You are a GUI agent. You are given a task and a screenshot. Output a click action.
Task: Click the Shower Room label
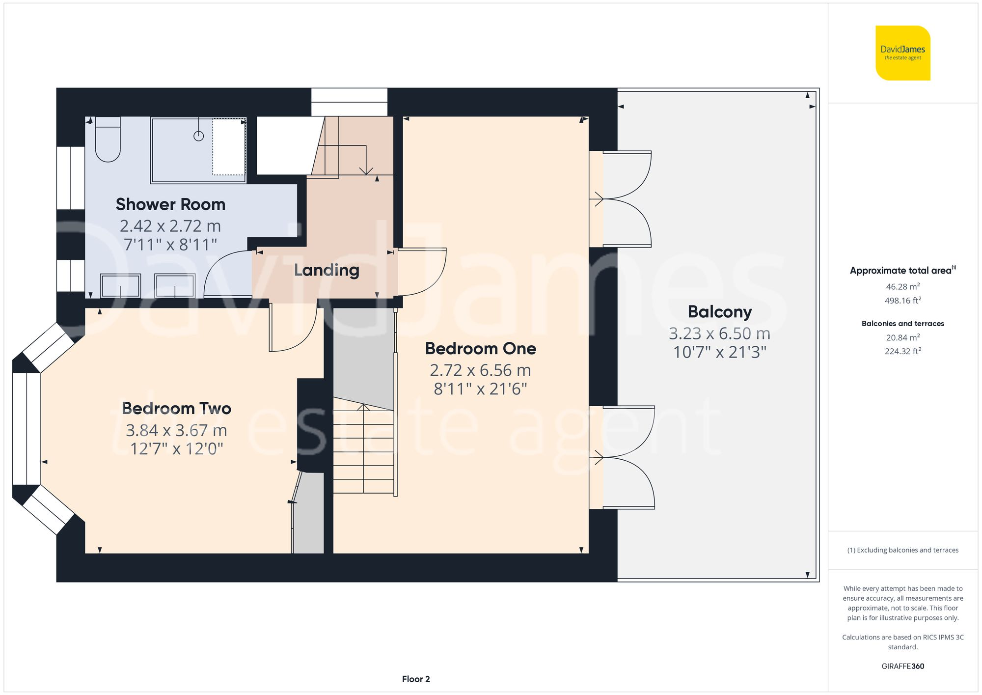[x=170, y=204]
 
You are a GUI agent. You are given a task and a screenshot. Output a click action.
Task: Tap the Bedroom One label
[x=480, y=348]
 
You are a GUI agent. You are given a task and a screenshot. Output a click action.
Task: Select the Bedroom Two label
[x=176, y=408]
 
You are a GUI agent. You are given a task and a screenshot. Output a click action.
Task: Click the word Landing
[x=327, y=270]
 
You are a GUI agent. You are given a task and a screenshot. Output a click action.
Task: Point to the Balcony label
[x=719, y=312]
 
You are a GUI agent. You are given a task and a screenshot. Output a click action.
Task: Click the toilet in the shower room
[x=108, y=139]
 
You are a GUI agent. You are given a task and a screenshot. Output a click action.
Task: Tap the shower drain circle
[x=198, y=136]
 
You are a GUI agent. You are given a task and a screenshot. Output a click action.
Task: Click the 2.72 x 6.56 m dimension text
[x=480, y=370]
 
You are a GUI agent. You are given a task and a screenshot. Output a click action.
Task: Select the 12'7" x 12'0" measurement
[x=176, y=448]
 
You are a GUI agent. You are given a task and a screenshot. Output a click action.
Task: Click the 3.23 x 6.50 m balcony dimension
[x=719, y=334]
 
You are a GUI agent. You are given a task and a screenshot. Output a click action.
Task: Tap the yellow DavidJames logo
[x=902, y=53]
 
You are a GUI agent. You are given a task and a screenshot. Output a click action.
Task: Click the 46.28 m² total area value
[x=902, y=286]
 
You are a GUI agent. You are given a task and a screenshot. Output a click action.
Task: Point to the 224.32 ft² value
[x=902, y=351]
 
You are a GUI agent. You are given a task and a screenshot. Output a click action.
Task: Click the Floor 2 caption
[x=416, y=679]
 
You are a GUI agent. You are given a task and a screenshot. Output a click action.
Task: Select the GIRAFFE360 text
[x=902, y=666]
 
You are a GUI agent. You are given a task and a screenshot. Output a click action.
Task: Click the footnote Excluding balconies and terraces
[x=902, y=550]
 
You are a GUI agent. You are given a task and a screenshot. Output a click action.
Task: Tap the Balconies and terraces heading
[x=902, y=323]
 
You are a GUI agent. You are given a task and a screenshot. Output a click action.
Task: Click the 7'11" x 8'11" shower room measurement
[x=170, y=244]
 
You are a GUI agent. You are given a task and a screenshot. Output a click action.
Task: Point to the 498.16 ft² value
[x=902, y=300]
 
